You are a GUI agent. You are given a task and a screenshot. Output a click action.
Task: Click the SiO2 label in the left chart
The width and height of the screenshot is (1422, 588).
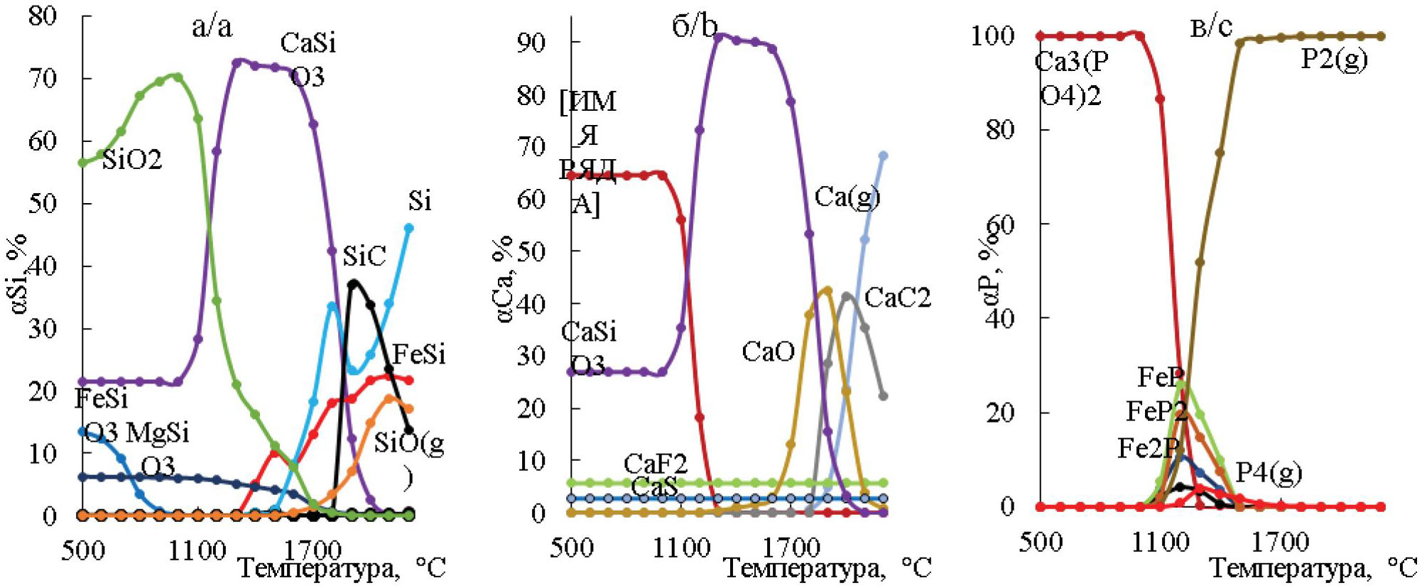pos(132,160)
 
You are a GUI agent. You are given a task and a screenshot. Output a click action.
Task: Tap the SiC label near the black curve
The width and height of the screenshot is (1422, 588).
pos(364,256)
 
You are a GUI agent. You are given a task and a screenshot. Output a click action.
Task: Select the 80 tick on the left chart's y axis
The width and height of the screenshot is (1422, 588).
pos(43,16)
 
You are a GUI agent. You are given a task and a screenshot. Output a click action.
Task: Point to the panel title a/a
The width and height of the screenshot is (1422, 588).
pos(212,26)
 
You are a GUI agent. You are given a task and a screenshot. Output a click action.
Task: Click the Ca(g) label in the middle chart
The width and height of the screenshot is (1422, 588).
pos(847,197)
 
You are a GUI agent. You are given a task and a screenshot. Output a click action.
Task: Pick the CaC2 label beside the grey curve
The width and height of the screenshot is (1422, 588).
pos(898,298)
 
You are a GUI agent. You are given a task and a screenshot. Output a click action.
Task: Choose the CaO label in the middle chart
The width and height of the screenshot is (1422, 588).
pos(768,352)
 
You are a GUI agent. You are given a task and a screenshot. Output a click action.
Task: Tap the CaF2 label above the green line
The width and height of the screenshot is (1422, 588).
pos(656,464)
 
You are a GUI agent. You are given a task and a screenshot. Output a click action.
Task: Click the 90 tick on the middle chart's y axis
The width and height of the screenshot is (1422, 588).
pos(531,42)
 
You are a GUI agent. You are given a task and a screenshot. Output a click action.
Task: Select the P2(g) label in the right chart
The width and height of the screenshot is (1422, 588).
pos(1334,59)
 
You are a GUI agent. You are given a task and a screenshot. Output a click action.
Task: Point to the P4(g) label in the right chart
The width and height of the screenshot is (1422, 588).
pos(1269,472)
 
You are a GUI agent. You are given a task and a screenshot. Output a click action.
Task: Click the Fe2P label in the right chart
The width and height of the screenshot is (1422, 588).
pos(1148,448)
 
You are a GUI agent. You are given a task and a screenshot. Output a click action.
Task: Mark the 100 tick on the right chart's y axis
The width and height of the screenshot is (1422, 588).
pos(992,36)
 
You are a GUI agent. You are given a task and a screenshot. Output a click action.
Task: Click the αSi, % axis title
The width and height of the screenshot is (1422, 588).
pos(21,273)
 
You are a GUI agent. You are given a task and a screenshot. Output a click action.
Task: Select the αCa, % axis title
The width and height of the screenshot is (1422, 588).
pos(502,279)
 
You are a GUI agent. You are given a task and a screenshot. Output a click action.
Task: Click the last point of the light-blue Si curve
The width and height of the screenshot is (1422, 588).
pos(409,228)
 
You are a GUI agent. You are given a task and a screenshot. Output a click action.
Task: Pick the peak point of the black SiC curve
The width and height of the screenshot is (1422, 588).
pos(353,284)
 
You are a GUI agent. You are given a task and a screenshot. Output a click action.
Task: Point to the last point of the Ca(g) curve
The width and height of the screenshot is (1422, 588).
pos(884,156)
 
